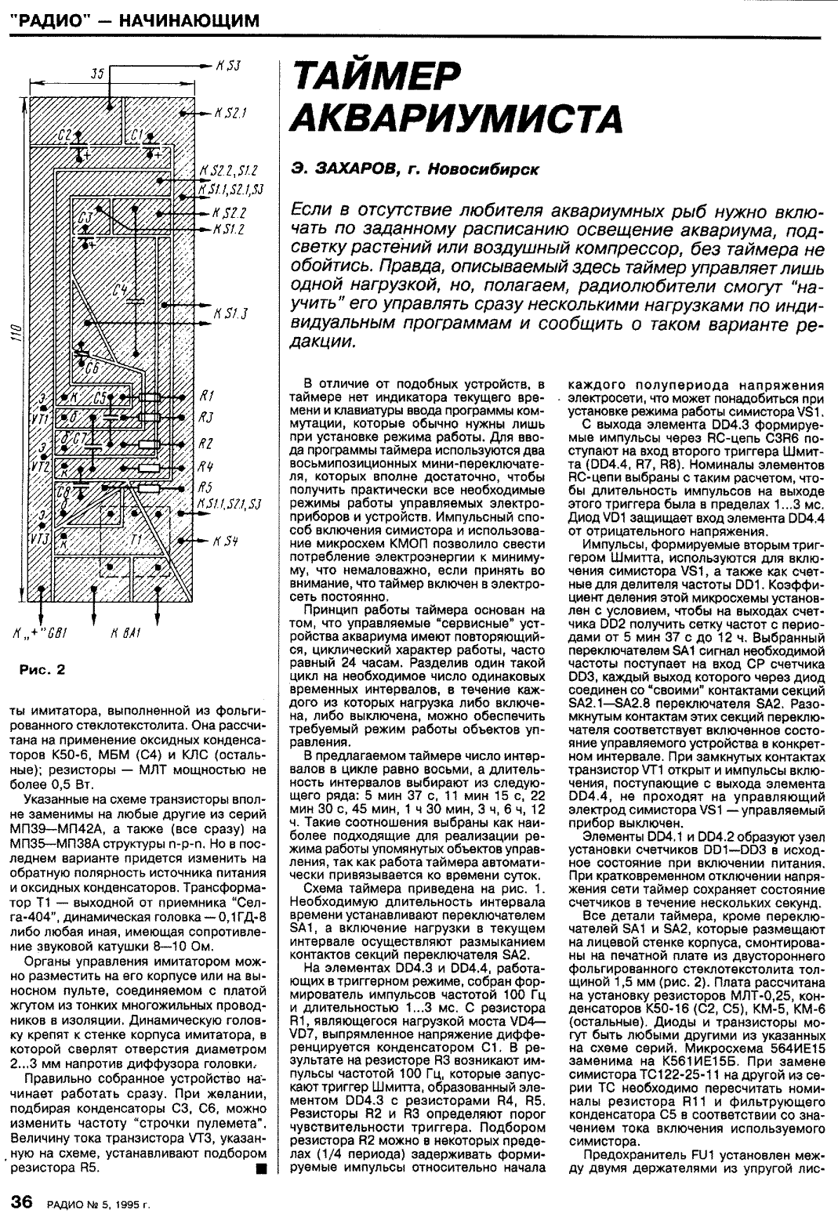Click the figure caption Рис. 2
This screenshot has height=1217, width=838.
point(42,668)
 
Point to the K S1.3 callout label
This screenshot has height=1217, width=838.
point(230,314)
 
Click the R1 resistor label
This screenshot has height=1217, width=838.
point(208,395)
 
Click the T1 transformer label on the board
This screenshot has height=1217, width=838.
point(138,541)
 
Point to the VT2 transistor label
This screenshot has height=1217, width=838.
point(42,464)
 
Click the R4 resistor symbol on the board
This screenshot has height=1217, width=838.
point(150,468)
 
